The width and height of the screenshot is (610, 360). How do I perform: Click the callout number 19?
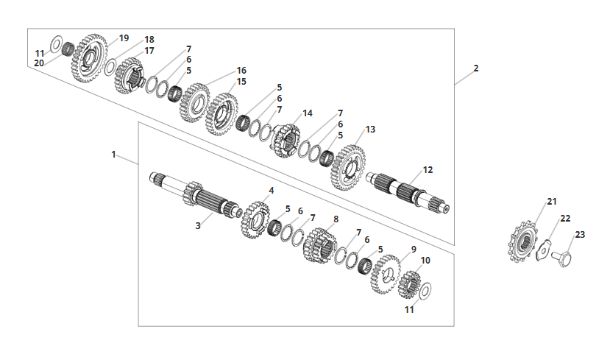click(124, 38)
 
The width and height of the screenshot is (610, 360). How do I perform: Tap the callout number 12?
click(428, 170)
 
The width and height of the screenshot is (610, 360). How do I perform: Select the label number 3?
click(198, 226)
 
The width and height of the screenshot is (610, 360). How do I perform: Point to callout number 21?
click(552, 202)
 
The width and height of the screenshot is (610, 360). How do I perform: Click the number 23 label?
click(580, 235)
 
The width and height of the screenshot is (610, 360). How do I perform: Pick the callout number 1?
click(113, 155)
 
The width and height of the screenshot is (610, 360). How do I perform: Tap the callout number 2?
click(476, 68)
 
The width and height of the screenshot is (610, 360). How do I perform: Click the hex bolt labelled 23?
click(561, 258)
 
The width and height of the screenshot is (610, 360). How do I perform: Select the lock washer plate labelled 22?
click(543, 250)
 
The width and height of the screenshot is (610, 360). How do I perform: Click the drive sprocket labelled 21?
click(523, 242)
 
